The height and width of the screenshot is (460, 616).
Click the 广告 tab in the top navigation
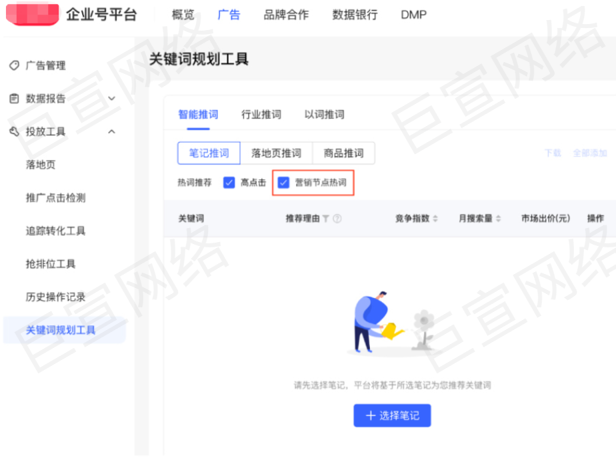click(229, 15)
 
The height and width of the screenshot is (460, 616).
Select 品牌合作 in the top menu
click(286, 15)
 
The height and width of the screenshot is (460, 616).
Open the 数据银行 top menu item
click(355, 15)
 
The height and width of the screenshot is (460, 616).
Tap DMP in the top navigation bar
click(413, 15)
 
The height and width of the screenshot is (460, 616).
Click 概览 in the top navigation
click(183, 15)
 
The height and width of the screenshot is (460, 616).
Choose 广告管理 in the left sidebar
click(45, 65)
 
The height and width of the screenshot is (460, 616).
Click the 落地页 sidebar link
click(41, 165)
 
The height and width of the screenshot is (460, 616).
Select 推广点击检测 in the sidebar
click(55, 198)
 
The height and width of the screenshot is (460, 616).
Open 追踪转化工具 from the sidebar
click(55, 231)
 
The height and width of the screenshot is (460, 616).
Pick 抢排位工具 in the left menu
click(51, 264)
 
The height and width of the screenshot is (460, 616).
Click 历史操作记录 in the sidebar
click(55, 297)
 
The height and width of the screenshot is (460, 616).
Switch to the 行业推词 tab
click(261, 115)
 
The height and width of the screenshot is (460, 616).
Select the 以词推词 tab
click(324, 115)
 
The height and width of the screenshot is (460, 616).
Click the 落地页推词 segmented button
click(276, 153)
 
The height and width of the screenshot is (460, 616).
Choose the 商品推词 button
click(343, 153)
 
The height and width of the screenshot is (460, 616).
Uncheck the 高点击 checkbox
click(229, 183)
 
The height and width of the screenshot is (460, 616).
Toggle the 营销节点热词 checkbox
click(284, 183)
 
